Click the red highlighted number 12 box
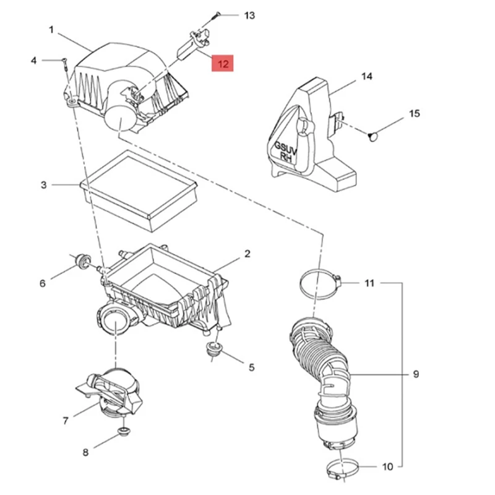(223, 64)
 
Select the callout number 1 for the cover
(51, 29)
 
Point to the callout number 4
(34, 60)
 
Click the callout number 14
(367, 77)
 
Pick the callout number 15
(415, 113)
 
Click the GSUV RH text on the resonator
(286, 151)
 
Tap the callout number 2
(247, 253)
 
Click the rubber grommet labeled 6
(80, 260)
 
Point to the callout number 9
(416, 374)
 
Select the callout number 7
(66, 421)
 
